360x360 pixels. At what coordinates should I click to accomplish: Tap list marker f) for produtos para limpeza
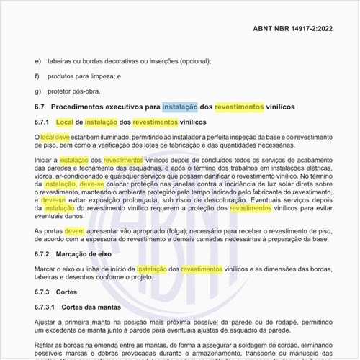click(x=37, y=76)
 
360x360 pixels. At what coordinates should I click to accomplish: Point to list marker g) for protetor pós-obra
click(x=38, y=91)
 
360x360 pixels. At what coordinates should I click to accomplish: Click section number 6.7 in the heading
click(x=40, y=106)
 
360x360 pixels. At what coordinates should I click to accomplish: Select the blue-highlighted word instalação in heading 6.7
click(x=181, y=106)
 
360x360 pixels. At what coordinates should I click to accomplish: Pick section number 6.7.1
click(x=42, y=122)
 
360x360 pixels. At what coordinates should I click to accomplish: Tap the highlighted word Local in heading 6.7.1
click(x=66, y=122)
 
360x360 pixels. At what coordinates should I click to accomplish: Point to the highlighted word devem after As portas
click(x=75, y=231)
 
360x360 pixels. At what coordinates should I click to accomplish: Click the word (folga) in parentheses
click(x=162, y=231)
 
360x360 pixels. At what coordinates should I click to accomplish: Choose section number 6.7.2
click(x=42, y=254)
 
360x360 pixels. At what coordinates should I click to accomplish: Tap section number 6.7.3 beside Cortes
click(x=42, y=292)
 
